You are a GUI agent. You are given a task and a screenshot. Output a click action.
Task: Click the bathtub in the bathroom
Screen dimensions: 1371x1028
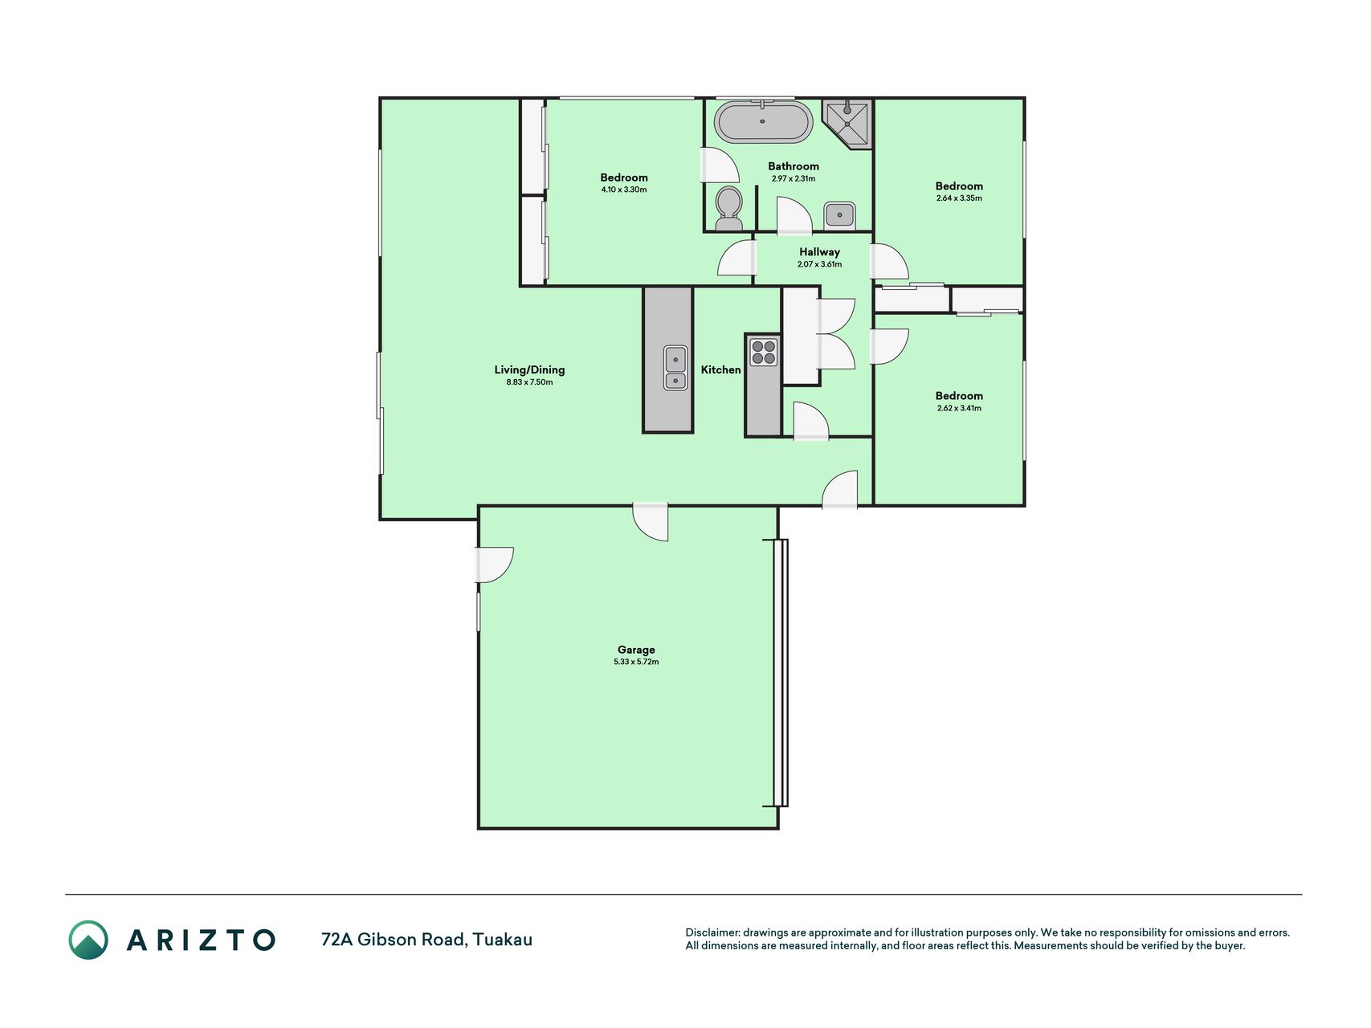click(x=764, y=122)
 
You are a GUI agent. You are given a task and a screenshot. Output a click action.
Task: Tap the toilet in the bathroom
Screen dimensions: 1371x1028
click(x=729, y=203)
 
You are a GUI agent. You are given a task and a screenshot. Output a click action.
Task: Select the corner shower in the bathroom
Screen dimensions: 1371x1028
click(x=848, y=124)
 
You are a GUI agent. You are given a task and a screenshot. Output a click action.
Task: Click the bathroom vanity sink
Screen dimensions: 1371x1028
click(x=839, y=214)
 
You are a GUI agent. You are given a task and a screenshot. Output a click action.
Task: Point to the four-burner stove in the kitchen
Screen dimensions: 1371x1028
click(x=764, y=352)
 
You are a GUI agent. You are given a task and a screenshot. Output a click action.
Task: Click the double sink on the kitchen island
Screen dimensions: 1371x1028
click(x=675, y=368)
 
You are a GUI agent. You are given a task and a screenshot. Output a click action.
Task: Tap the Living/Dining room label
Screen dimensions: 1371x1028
click(x=529, y=370)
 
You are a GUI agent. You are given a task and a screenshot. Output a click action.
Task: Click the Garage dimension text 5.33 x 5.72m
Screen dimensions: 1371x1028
click(x=636, y=662)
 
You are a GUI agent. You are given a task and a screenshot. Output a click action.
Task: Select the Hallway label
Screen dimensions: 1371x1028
click(x=819, y=252)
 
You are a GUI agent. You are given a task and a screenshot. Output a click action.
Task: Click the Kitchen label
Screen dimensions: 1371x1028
click(x=720, y=369)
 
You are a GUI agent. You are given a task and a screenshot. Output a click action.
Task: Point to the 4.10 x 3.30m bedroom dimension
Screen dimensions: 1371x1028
click(x=624, y=190)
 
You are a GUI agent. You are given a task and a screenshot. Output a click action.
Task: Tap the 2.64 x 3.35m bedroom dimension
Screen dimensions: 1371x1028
click(x=959, y=198)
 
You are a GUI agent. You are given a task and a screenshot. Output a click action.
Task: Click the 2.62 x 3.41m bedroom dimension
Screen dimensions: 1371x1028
click(x=959, y=408)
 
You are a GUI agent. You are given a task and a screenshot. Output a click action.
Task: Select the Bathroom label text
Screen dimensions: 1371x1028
click(x=794, y=166)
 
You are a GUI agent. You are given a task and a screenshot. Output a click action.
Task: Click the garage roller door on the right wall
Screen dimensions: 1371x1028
click(x=781, y=673)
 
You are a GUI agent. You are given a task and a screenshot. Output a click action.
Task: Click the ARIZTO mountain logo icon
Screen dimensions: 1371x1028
click(x=88, y=940)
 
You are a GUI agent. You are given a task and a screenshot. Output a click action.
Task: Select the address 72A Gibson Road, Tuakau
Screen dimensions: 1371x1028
click(x=426, y=940)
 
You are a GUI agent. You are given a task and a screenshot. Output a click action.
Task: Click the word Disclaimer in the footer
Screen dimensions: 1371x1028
click(x=712, y=932)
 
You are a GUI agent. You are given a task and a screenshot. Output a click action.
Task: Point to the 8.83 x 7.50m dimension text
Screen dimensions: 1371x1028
click(x=529, y=382)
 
